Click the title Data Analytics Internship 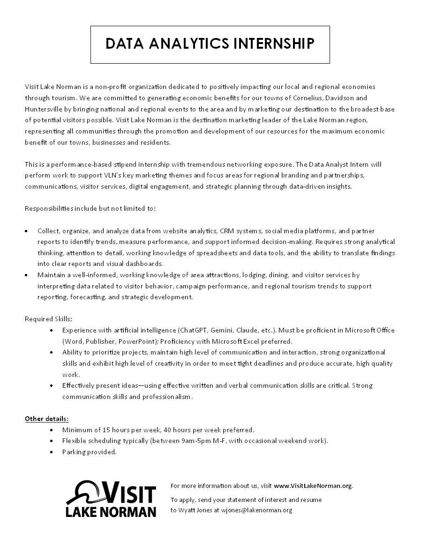coord(210,44)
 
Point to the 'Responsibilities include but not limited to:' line coord(90,208)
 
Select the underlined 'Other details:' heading coord(46,418)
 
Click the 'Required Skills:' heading coord(48,319)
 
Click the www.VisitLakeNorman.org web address coord(313,486)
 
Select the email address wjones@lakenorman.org coord(256,510)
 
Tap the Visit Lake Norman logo coord(111,498)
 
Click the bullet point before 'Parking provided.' coord(51,452)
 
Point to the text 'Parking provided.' coord(89,452)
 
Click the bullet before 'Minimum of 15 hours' coord(51,429)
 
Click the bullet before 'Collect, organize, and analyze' coord(26,231)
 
